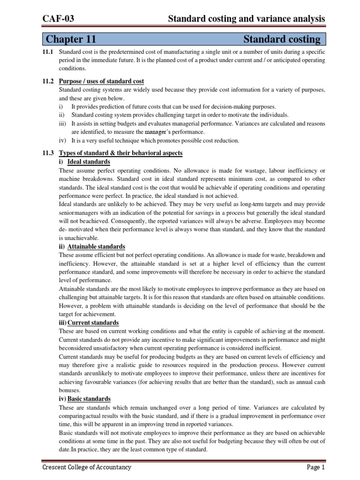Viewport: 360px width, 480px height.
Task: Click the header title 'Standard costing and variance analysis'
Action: [246, 19]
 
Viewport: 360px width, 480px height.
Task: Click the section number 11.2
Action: [48, 81]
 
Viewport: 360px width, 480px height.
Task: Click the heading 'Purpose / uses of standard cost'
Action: [102, 81]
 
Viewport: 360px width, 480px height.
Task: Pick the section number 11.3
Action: [48, 153]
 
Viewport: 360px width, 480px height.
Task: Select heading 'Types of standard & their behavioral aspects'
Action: [121, 153]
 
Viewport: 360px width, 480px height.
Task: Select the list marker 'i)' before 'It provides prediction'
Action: [61, 107]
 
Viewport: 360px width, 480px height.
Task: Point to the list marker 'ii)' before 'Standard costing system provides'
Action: [62, 115]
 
